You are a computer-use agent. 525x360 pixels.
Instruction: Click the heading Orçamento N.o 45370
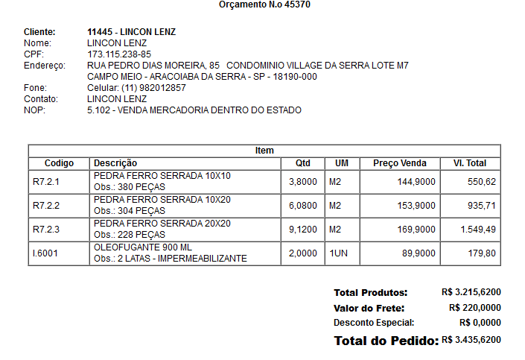tap(264, 5)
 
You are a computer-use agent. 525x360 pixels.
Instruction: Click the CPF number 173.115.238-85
tap(119, 54)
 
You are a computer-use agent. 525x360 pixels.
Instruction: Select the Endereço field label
tap(45, 66)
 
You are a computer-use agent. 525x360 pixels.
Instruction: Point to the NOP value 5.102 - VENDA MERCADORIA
tap(194, 110)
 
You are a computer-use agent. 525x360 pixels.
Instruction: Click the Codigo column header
tap(59, 162)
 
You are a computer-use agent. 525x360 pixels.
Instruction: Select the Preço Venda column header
tap(400, 162)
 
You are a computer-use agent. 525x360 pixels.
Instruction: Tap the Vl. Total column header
tap(469, 162)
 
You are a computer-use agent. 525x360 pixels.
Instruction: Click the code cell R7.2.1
tap(45, 181)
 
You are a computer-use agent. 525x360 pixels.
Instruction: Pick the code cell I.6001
tap(45, 253)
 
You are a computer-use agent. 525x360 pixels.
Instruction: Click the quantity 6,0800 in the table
tap(303, 205)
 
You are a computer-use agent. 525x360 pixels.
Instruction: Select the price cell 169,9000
tap(417, 229)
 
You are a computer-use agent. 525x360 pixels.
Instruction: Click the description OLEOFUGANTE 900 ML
tap(141, 247)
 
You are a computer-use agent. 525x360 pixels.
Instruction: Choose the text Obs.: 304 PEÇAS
tap(130, 211)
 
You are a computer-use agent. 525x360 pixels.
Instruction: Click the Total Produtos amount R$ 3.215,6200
tap(471, 293)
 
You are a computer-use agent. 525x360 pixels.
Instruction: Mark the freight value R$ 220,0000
tap(474, 308)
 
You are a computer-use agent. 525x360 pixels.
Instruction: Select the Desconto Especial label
tap(374, 323)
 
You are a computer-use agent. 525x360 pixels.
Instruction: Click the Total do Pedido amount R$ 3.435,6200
tap(471, 340)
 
